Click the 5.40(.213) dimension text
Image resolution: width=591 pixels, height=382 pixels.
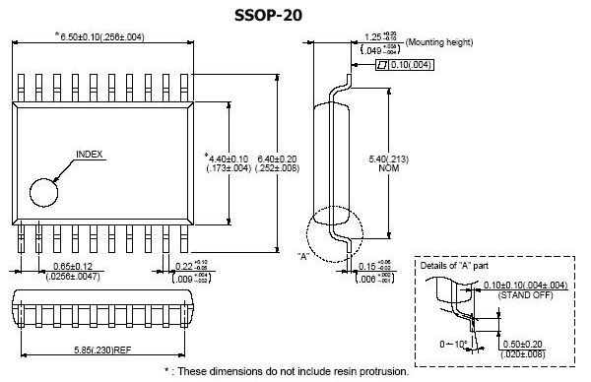tap(410, 158)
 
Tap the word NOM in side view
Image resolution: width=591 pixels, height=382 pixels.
tap(409, 168)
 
